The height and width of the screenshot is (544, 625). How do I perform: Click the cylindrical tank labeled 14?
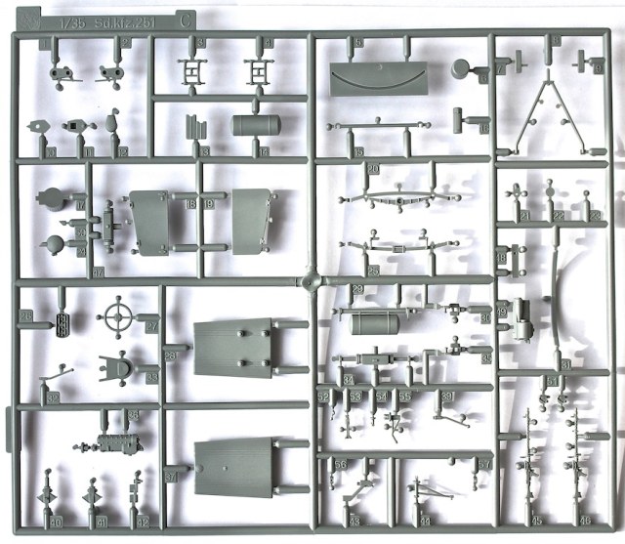[x=255, y=126]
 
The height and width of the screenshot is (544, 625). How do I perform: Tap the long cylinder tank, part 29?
[x=375, y=322]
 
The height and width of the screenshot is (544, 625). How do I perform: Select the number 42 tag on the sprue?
[x=144, y=523]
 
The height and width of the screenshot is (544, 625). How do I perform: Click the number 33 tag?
[x=152, y=377]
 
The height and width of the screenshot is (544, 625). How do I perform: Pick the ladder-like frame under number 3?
[x=189, y=70]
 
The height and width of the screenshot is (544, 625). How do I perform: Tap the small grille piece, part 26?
[x=64, y=321]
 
